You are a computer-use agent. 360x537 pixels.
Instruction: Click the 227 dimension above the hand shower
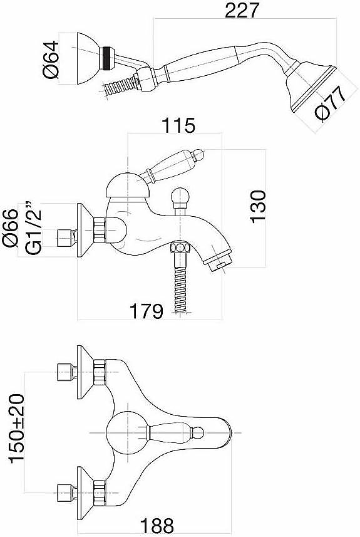pyautogui.click(x=241, y=10)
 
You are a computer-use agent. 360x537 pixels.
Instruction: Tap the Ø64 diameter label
pyautogui.click(x=51, y=60)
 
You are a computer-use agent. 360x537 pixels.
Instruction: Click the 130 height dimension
pyautogui.click(x=257, y=207)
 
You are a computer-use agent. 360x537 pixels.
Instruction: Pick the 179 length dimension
pyautogui.click(x=146, y=311)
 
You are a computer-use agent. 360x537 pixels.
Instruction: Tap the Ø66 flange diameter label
pyautogui.click(x=10, y=227)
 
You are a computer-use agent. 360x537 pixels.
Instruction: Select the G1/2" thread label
pyautogui.click(x=33, y=227)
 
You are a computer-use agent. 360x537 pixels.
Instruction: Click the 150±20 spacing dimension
pyautogui.click(x=17, y=433)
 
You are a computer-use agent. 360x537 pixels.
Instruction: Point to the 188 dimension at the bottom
pyautogui.click(x=157, y=525)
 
